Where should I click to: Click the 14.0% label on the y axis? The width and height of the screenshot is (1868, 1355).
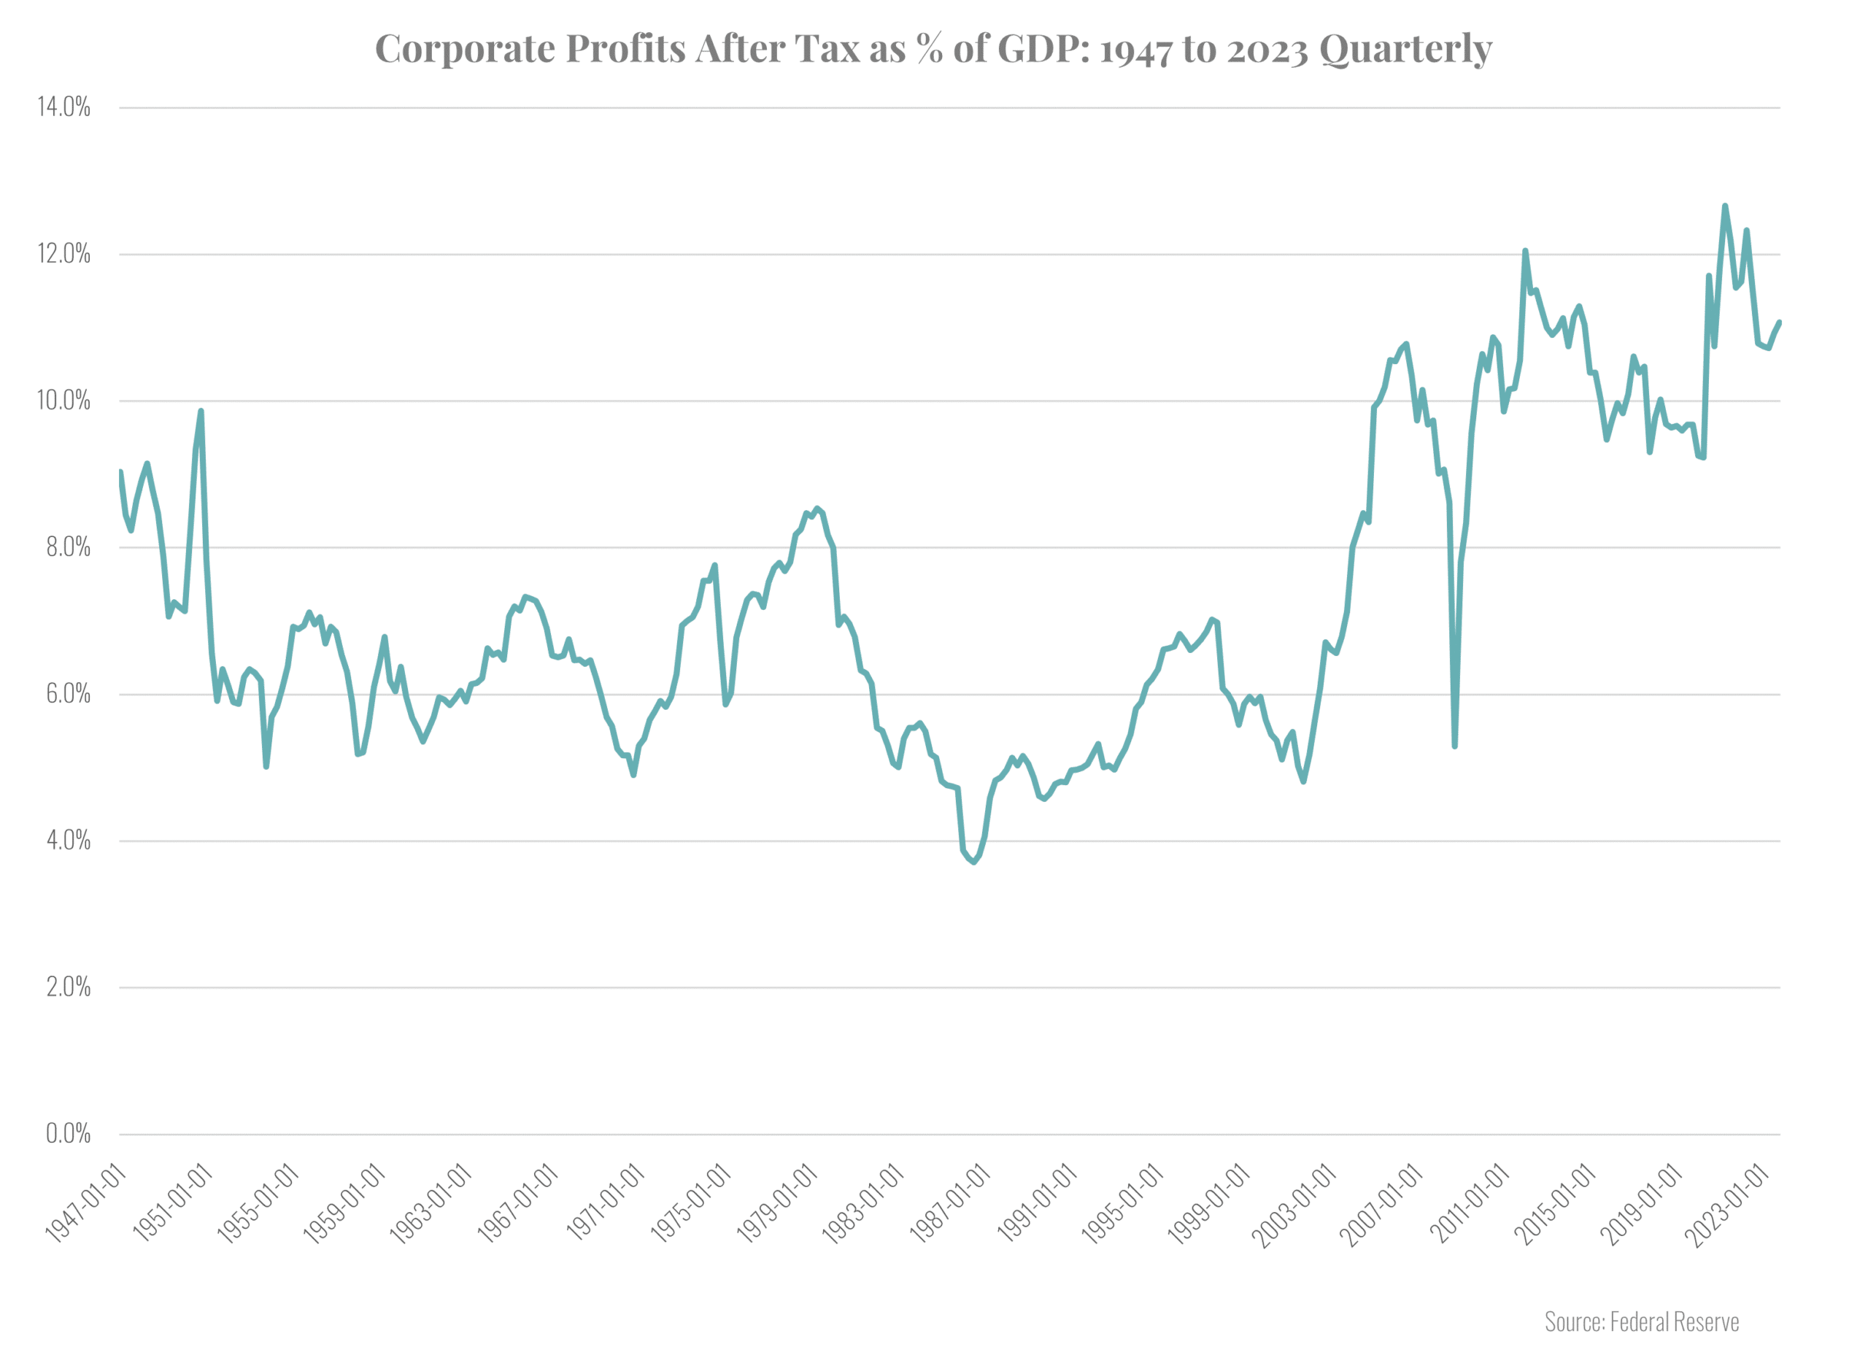tap(63, 107)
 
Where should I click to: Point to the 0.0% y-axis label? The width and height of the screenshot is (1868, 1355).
tap(68, 1134)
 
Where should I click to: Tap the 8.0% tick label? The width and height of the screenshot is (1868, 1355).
tap(68, 547)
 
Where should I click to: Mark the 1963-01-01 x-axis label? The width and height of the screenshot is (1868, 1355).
tap(431, 1204)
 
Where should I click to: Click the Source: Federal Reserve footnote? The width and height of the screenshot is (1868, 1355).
tap(1642, 1322)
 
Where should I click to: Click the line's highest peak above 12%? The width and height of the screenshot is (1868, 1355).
tap(1725, 206)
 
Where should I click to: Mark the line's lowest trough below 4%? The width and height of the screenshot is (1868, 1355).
tap(973, 862)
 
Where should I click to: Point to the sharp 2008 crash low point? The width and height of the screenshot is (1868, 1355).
tap(1454, 746)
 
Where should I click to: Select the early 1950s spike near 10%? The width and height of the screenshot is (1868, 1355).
tap(201, 411)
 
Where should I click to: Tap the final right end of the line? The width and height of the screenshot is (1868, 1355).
tap(1780, 322)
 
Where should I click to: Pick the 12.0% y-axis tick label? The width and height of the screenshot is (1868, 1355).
tap(63, 254)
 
